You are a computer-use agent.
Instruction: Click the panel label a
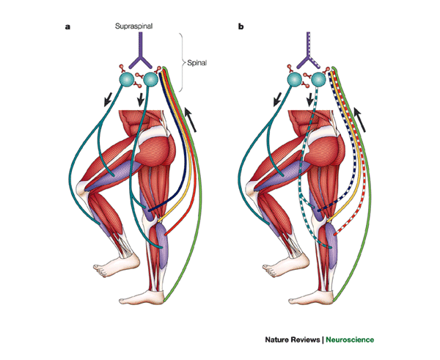pyautogui.click(x=68, y=27)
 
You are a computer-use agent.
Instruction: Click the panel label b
pyautogui.click(x=241, y=27)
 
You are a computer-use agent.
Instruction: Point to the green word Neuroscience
pyautogui.click(x=343, y=340)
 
